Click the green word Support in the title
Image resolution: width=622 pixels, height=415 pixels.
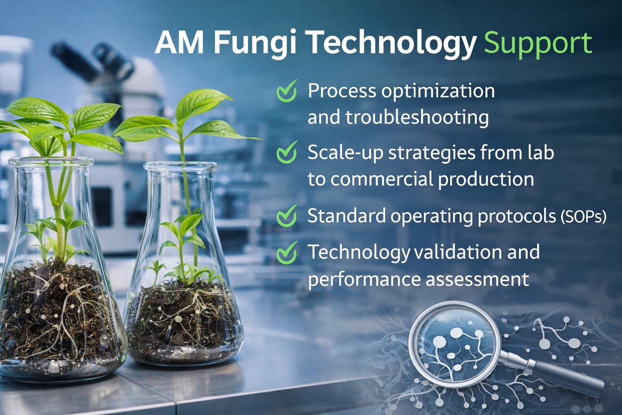(x=538, y=45)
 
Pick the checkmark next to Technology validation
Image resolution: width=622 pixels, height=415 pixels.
(x=287, y=252)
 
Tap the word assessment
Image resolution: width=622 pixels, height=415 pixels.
(x=477, y=279)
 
